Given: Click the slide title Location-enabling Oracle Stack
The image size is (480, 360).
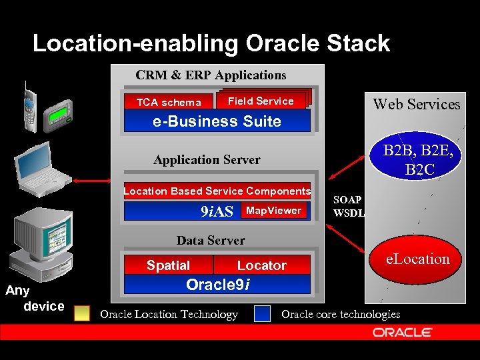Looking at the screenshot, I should click(x=211, y=44).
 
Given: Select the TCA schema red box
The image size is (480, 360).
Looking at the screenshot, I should click(x=168, y=102).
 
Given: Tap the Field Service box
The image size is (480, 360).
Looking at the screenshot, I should click(x=261, y=101).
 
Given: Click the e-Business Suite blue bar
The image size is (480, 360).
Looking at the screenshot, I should click(x=217, y=121).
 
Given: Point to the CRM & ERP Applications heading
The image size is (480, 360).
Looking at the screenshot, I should click(x=211, y=75).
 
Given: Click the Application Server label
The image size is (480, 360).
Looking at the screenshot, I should click(x=207, y=160).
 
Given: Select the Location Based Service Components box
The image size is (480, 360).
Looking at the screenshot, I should click(x=217, y=191).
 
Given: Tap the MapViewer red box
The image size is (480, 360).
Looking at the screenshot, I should click(x=273, y=211).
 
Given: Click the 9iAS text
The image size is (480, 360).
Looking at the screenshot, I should click(x=217, y=212).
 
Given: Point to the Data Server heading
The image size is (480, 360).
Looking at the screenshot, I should click(x=211, y=241).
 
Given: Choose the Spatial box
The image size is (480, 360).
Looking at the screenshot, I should click(x=168, y=265).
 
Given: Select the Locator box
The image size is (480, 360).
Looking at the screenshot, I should click(x=261, y=265).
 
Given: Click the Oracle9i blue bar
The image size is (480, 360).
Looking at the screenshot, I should click(x=217, y=285).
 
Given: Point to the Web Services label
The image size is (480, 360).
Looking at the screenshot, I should click(x=417, y=104).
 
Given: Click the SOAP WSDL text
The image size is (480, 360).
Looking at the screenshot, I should click(x=347, y=206).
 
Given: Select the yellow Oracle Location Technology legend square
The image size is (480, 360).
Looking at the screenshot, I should click(x=82, y=314).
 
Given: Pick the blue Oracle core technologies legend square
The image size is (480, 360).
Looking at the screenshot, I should click(x=263, y=314).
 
